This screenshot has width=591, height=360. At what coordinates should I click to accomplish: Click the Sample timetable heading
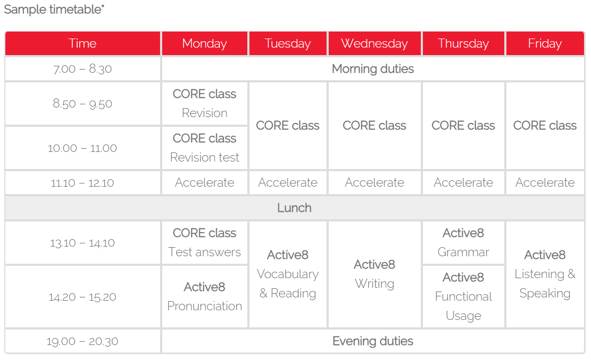pyautogui.click(x=54, y=9)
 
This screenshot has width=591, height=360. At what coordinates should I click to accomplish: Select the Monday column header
pyautogui.click(x=204, y=44)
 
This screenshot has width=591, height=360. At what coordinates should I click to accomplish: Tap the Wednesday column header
pyautogui.click(x=375, y=44)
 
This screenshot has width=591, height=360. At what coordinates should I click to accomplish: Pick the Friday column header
pyautogui.click(x=545, y=44)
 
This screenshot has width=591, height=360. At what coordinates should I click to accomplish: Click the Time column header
pyautogui.click(x=82, y=44)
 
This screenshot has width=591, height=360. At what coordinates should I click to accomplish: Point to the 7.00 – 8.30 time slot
pyautogui.click(x=82, y=69)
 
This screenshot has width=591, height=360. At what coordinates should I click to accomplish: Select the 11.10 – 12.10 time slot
pyautogui.click(x=82, y=183)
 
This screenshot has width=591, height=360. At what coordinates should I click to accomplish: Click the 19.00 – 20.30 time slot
pyautogui.click(x=82, y=342)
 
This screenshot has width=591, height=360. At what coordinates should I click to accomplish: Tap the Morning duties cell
pyautogui.click(x=373, y=69)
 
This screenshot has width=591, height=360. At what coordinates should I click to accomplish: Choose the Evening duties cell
pyautogui.click(x=373, y=341)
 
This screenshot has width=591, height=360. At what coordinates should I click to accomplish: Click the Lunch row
pyautogui.click(x=295, y=208)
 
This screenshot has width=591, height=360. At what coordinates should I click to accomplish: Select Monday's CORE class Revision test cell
pyautogui.click(x=204, y=148)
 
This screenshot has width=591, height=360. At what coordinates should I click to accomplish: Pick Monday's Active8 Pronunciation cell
pyautogui.click(x=204, y=297)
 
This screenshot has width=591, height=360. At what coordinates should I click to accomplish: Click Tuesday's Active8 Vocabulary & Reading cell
pyautogui.click(x=288, y=274)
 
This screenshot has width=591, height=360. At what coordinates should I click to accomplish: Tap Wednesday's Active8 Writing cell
pyautogui.click(x=375, y=274)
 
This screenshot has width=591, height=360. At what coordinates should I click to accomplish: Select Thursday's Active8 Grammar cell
pyautogui.click(x=464, y=242)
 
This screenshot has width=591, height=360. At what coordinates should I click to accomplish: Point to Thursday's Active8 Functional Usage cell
pyautogui.click(x=464, y=297)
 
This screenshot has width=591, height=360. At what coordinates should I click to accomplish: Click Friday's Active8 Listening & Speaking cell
pyautogui.click(x=545, y=274)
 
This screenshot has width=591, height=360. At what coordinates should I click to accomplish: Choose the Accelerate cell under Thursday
pyautogui.click(x=464, y=183)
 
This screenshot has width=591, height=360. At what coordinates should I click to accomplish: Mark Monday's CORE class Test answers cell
pyautogui.click(x=204, y=242)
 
